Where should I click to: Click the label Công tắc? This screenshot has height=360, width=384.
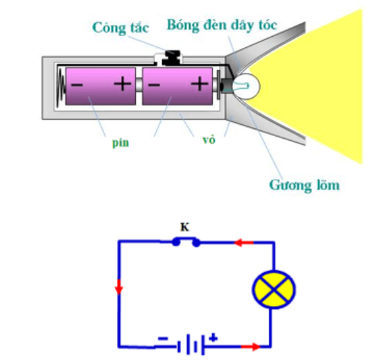(x=121, y=28)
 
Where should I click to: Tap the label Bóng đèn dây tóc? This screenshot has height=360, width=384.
(x=222, y=25)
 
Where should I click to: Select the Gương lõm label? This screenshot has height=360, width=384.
(x=304, y=185)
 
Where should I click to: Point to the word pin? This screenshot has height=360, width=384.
(x=121, y=142)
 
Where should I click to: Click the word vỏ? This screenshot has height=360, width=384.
(x=209, y=139)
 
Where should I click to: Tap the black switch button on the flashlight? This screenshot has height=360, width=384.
(x=173, y=58)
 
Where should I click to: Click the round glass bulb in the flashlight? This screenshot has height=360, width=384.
(x=245, y=86)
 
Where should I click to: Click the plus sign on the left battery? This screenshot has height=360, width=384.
(x=123, y=84)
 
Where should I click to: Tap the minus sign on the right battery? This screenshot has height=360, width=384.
(x=154, y=85)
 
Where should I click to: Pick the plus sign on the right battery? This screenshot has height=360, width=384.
(x=200, y=84)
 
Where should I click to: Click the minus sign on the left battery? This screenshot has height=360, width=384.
(x=77, y=85)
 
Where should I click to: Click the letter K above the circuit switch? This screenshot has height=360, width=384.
(x=185, y=228)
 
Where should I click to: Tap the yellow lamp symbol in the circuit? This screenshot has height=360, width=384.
(x=274, y=289)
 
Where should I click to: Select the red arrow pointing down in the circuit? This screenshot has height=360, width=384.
(x=119, y=286)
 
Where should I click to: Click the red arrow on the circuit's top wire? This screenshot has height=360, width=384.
(x=244, y=243)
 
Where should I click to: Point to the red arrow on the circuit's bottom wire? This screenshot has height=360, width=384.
(x=250, y=347)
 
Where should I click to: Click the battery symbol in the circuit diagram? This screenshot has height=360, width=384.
(x=191, y=344)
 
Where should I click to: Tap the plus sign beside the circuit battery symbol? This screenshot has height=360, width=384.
(x=213, y=338)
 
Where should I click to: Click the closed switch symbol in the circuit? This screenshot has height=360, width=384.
(x=186, y=241)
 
